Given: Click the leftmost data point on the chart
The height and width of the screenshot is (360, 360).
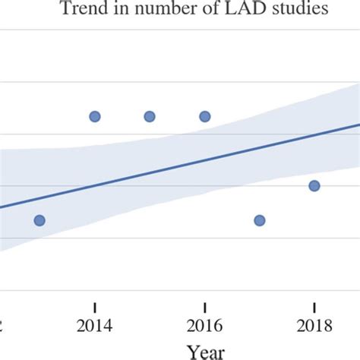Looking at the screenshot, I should [x=39, y=220].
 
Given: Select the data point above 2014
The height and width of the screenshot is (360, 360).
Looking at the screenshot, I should [x=94, y=116].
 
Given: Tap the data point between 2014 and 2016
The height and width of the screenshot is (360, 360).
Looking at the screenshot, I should [x=150, y=116].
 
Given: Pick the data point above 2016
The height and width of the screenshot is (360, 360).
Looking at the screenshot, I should [x=204, y=116].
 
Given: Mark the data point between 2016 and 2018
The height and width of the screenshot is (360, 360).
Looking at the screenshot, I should [x=259, y=220].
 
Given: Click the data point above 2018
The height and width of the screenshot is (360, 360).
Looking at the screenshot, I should [x=314, y=185].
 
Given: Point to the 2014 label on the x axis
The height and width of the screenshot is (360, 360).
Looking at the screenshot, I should [x=94, y=326].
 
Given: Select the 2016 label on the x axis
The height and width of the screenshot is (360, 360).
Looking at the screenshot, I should [x=204, y=326].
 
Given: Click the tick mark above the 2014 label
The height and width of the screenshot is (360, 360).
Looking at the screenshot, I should [x=94, y=307].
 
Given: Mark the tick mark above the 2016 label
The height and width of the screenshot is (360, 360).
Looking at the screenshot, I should [x=204, y=307].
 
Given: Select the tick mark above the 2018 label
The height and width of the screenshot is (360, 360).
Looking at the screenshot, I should [x=314, y=307].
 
